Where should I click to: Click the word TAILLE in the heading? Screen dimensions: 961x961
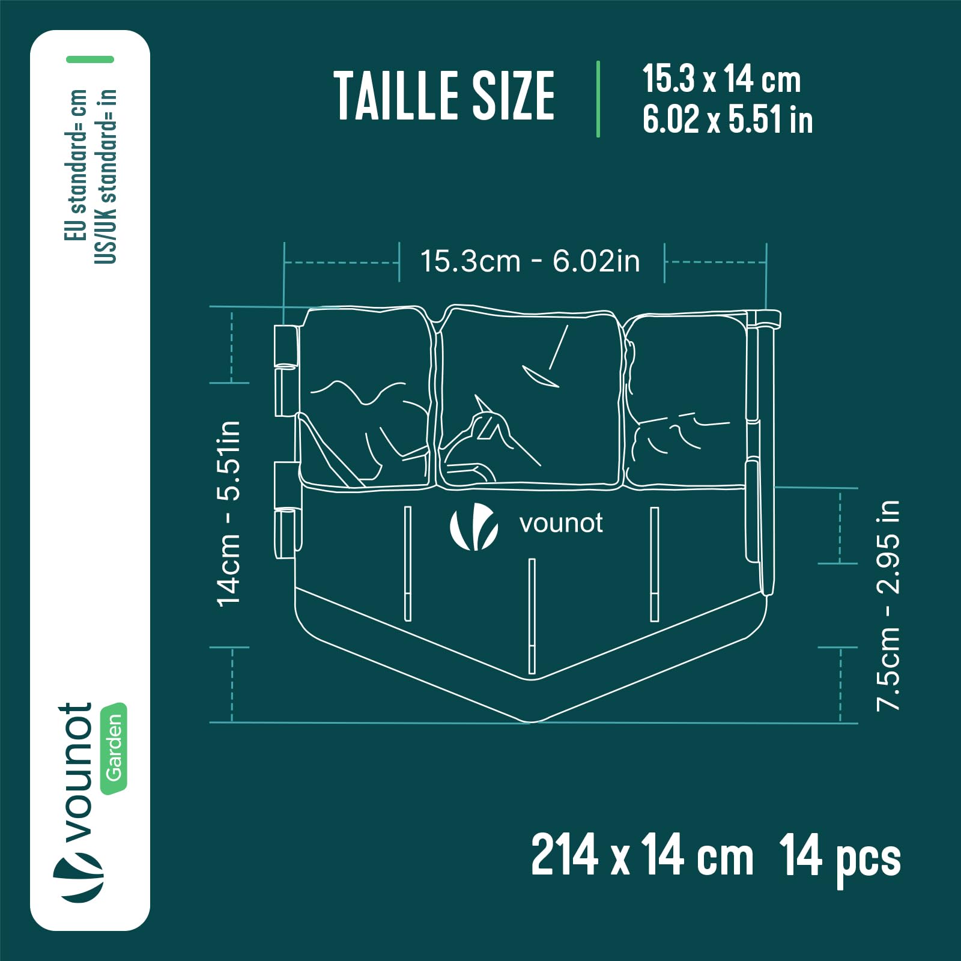click(x=395, y=95)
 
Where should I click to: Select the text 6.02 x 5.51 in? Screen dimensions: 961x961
click(x=727, y=119)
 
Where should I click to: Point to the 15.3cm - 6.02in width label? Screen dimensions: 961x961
click(x=530, y=261)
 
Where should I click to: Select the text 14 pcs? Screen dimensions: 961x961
click(x=840, y=857)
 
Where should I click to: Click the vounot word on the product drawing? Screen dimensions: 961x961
click(x=561, y=524)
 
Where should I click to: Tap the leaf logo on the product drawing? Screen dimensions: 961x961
click(x=474, y=527)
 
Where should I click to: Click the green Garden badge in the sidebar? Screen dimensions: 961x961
click(x=114, y=748)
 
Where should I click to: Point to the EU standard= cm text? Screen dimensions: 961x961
click(x=76, y=165)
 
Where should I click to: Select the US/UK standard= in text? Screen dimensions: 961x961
click(x=105, y=176)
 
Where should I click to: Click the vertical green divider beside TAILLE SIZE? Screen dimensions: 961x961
click(x=598, y=99)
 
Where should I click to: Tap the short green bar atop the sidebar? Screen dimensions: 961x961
click(x=90, y=59)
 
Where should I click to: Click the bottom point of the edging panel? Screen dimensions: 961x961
click(x=531, y=721)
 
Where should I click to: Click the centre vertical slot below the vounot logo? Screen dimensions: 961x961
click(x=532, y=616)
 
